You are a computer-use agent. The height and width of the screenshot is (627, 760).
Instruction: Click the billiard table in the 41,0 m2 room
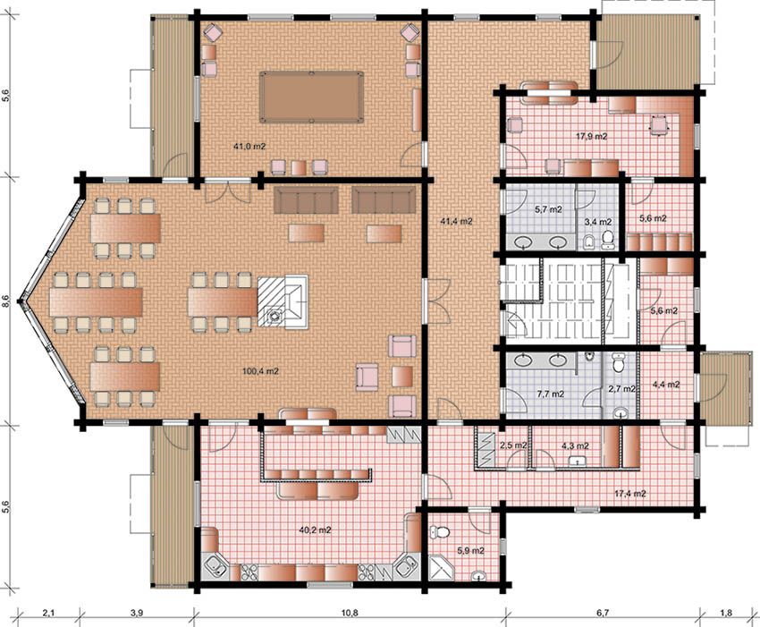[311, 97]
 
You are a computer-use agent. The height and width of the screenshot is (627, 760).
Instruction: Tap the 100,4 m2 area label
[260, 371]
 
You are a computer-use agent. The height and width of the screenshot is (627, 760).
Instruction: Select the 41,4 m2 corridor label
[456, 221]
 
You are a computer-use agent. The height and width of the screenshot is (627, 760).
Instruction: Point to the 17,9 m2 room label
[591, 136]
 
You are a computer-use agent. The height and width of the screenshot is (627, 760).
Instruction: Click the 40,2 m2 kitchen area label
[315, 530]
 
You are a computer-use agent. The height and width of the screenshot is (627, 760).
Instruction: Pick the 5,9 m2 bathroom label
[470, 551]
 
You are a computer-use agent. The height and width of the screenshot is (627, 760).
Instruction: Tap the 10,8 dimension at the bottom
[349, 613]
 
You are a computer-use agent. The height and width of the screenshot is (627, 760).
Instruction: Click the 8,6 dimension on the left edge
[6, 301]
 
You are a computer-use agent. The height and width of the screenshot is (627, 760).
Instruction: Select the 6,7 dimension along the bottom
[603, 613]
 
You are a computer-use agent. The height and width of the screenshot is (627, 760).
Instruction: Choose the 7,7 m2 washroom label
[551, 394]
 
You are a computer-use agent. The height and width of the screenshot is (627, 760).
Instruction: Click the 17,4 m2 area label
[630, 494]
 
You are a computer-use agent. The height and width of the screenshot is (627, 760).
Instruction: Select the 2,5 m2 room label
[513, 445]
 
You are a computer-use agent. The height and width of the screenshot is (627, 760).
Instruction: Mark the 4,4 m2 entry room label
[666, 385]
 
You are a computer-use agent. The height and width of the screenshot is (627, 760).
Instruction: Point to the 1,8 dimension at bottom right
[726, 613]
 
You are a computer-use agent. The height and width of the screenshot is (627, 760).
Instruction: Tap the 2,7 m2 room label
[622, 389]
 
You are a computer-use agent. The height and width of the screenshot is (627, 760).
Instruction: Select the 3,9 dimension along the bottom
[137, 613]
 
